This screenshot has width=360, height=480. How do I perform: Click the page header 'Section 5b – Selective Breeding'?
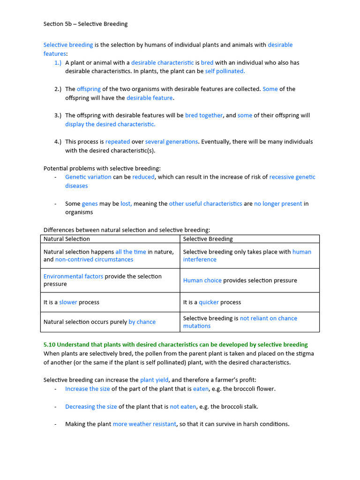85,24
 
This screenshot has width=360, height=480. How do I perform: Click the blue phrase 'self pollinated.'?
225,71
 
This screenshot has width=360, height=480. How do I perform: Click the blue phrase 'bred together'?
204,115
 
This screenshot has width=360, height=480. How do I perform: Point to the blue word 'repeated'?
118,142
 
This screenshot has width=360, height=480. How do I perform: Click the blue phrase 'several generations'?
172,142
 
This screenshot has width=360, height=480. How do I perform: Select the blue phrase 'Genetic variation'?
88,177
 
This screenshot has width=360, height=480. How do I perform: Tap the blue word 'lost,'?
126,203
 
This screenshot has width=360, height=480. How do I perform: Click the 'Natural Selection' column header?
67,239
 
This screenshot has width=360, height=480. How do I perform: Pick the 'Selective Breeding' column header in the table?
208,239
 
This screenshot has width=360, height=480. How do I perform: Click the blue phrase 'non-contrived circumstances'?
94,259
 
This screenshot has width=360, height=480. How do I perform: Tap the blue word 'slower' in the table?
68,302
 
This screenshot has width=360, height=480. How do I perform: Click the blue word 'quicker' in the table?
209,302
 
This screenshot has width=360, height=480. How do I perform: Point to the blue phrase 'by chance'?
142,322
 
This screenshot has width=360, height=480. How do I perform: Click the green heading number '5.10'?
49,345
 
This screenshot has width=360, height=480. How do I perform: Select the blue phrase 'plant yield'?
154,380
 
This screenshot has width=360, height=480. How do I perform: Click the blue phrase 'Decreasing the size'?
91,406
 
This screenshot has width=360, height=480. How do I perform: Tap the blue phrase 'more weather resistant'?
144,424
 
